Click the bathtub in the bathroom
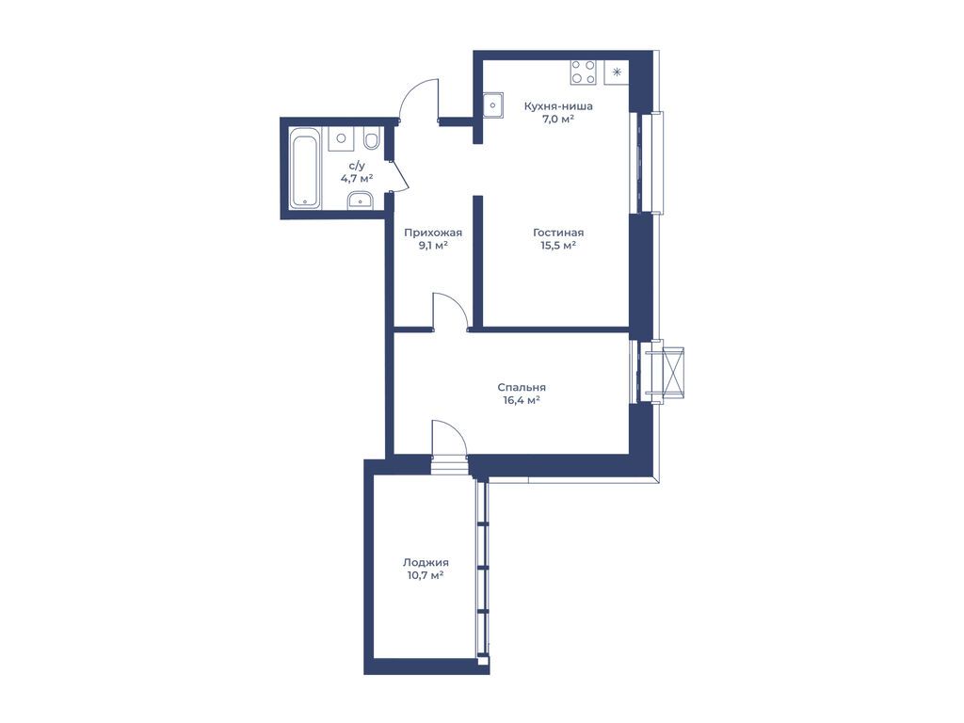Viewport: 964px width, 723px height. [306, 168]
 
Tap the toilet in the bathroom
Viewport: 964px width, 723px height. [371, 138]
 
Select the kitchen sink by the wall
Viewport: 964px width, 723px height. [492, 105]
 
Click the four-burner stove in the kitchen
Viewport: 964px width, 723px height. [583, 72]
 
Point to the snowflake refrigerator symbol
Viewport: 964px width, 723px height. [617, 72]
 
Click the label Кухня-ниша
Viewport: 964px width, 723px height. [558, 105]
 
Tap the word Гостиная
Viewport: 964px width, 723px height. [558, 233]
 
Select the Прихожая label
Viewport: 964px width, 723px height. [433, 233]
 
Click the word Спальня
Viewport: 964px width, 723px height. [522, 387]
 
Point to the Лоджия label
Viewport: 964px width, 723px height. [426, 562]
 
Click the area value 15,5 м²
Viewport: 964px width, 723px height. [558, 246]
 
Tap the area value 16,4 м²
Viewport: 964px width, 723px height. [522, 400]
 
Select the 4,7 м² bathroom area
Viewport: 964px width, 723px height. [357, 178]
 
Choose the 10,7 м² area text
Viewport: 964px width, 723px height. [426, 575]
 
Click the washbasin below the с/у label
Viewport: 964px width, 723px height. [360, 200]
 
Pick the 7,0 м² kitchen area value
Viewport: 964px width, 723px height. [558, 119]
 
